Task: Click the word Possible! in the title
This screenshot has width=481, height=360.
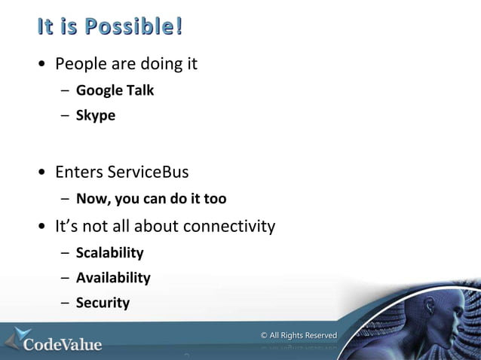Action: pyautogui.click(x=134, y=27)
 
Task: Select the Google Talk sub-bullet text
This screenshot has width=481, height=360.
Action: pyautogui.click(x=115, y=90)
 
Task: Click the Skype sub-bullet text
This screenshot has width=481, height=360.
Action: pyautogui.click(x=96, y=116)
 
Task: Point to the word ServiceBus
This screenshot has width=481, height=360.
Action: pyautogui.click(x=148, y=172)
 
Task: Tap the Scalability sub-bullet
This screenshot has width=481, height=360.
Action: pyautogui.click(x=109, y=253)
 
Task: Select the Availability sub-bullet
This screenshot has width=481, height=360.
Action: pyautogui.click(x=113, y=278)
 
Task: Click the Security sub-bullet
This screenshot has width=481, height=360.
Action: pyautogui.click(x=103, y=303)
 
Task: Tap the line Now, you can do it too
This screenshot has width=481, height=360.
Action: pyautogui.click(x=151, y=200)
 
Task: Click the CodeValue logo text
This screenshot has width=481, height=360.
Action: pyautogui.click(x=63, y=345)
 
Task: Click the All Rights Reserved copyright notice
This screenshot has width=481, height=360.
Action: pyautogui.click(x=299, y=335)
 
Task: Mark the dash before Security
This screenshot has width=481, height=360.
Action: pyautogui.click(x=65, y=304)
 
